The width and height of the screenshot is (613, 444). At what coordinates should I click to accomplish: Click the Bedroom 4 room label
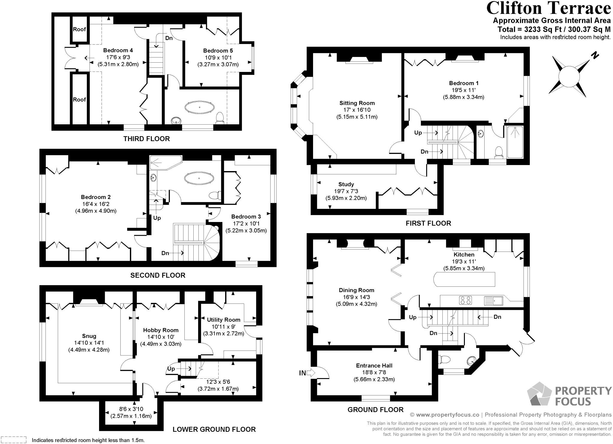pos(118,50)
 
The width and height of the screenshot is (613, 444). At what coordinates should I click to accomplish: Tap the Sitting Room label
pos(357,103)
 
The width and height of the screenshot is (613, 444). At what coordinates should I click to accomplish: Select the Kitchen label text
pos(464,254)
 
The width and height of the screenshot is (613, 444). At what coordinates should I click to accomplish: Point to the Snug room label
pos(89,336)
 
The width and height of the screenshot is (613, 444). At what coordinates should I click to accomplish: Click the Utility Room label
pos(224,320)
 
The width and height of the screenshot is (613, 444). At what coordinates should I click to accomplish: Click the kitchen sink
pos(494,300)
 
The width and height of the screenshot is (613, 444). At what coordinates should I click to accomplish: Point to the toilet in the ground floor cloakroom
pos(444,358)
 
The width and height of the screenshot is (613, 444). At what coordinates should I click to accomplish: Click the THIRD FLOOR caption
pos(147,139)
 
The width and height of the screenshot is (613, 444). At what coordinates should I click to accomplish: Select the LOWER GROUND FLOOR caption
pos(214,429)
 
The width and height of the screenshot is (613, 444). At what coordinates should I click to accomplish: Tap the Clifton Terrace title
pos(548,8)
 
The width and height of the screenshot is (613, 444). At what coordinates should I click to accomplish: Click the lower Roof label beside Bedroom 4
pos(79,99)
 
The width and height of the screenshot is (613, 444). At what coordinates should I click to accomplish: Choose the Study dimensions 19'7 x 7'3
pos(346,191)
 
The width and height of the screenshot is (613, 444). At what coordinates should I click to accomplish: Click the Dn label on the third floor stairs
pos(169,38)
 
